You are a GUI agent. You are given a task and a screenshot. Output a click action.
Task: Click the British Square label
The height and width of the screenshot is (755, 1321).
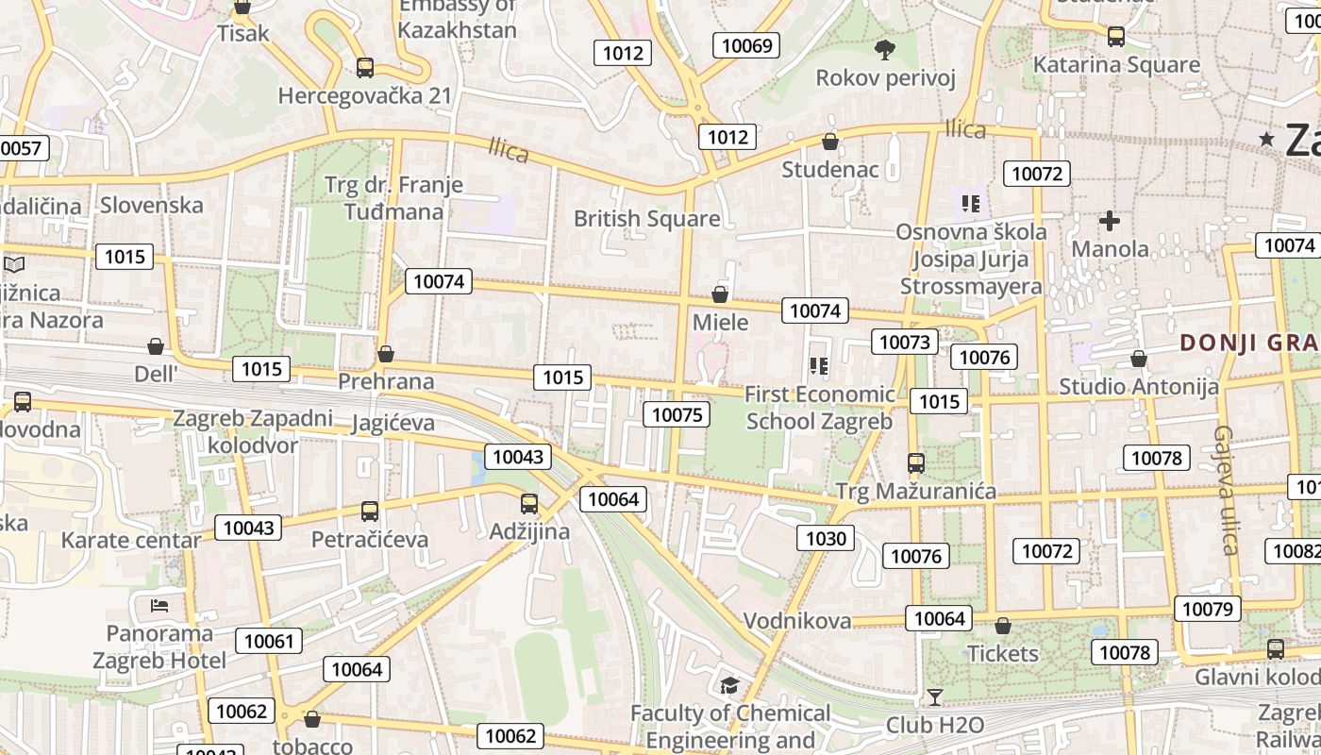click(646, 219)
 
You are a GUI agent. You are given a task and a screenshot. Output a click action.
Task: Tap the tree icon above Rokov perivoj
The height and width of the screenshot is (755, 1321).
click(884, 49)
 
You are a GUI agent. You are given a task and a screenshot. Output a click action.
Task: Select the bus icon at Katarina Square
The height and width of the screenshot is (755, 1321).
click(1116, 37)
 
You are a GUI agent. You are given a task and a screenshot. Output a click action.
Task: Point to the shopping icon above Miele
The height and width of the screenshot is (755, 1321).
click(720, 294)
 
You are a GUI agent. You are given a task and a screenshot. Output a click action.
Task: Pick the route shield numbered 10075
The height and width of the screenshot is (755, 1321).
click(677, 414)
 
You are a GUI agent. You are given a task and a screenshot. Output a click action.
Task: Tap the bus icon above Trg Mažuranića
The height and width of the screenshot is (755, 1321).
click(915, 462)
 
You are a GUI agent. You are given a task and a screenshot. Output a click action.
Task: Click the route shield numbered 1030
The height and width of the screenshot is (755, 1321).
click(827, 538)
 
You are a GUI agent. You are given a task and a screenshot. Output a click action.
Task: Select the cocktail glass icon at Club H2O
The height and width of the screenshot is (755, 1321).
click(934, 697)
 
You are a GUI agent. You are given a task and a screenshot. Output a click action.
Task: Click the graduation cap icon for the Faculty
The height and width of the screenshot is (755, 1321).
click(729, 685)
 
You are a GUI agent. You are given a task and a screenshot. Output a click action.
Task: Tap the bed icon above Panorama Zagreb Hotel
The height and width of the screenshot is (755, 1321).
click(159, 604)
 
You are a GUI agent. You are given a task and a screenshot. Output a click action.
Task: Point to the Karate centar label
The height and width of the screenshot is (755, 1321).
click(131, 541)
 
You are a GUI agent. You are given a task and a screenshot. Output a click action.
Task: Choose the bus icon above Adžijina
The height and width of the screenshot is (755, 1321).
click(529, 504)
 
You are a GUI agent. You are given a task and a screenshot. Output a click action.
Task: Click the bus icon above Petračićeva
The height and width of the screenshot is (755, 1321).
click(370, 512)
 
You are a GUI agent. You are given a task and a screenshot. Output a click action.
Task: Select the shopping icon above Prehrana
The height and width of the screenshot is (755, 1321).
click(385, 354)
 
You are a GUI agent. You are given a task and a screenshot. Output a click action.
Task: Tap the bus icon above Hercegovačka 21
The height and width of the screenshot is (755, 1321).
click(365, 68)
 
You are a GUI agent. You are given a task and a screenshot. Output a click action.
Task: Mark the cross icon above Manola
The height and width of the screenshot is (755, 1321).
click(1110, 222)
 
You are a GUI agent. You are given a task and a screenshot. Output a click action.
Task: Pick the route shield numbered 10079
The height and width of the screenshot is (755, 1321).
click(1208, 609)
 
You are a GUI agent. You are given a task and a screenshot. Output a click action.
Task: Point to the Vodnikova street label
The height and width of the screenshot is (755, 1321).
click(797, 621)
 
